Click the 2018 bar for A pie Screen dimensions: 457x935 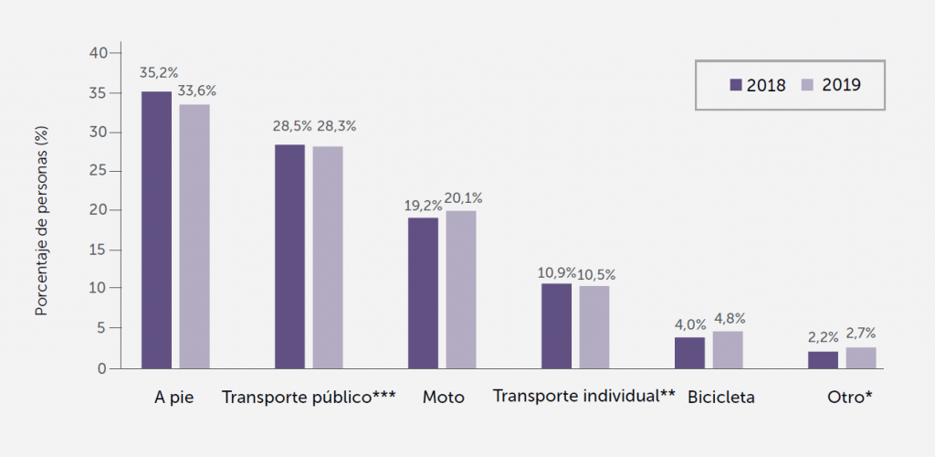coord(156,229)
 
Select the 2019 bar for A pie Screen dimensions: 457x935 coord(194,236)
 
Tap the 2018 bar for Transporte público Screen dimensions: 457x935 coord(289,256)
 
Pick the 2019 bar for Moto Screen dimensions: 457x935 coord(460,289)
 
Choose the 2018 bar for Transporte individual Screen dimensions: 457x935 coord(556,325)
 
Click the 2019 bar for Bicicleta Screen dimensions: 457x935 coord(728,349)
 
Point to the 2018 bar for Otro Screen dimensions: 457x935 coord(823,359)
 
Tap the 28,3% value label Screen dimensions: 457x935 coord(334,126)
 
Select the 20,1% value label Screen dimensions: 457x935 coord(464,197)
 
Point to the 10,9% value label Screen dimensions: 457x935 coord(555,273)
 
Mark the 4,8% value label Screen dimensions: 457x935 coord(730,319)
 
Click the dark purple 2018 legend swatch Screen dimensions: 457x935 coord(736,85)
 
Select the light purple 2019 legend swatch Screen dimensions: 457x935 coord(807,85)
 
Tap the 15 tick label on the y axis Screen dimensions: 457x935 coord(100,250)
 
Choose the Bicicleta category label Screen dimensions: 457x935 coord(721,398)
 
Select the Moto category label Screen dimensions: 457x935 coord(444,398)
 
